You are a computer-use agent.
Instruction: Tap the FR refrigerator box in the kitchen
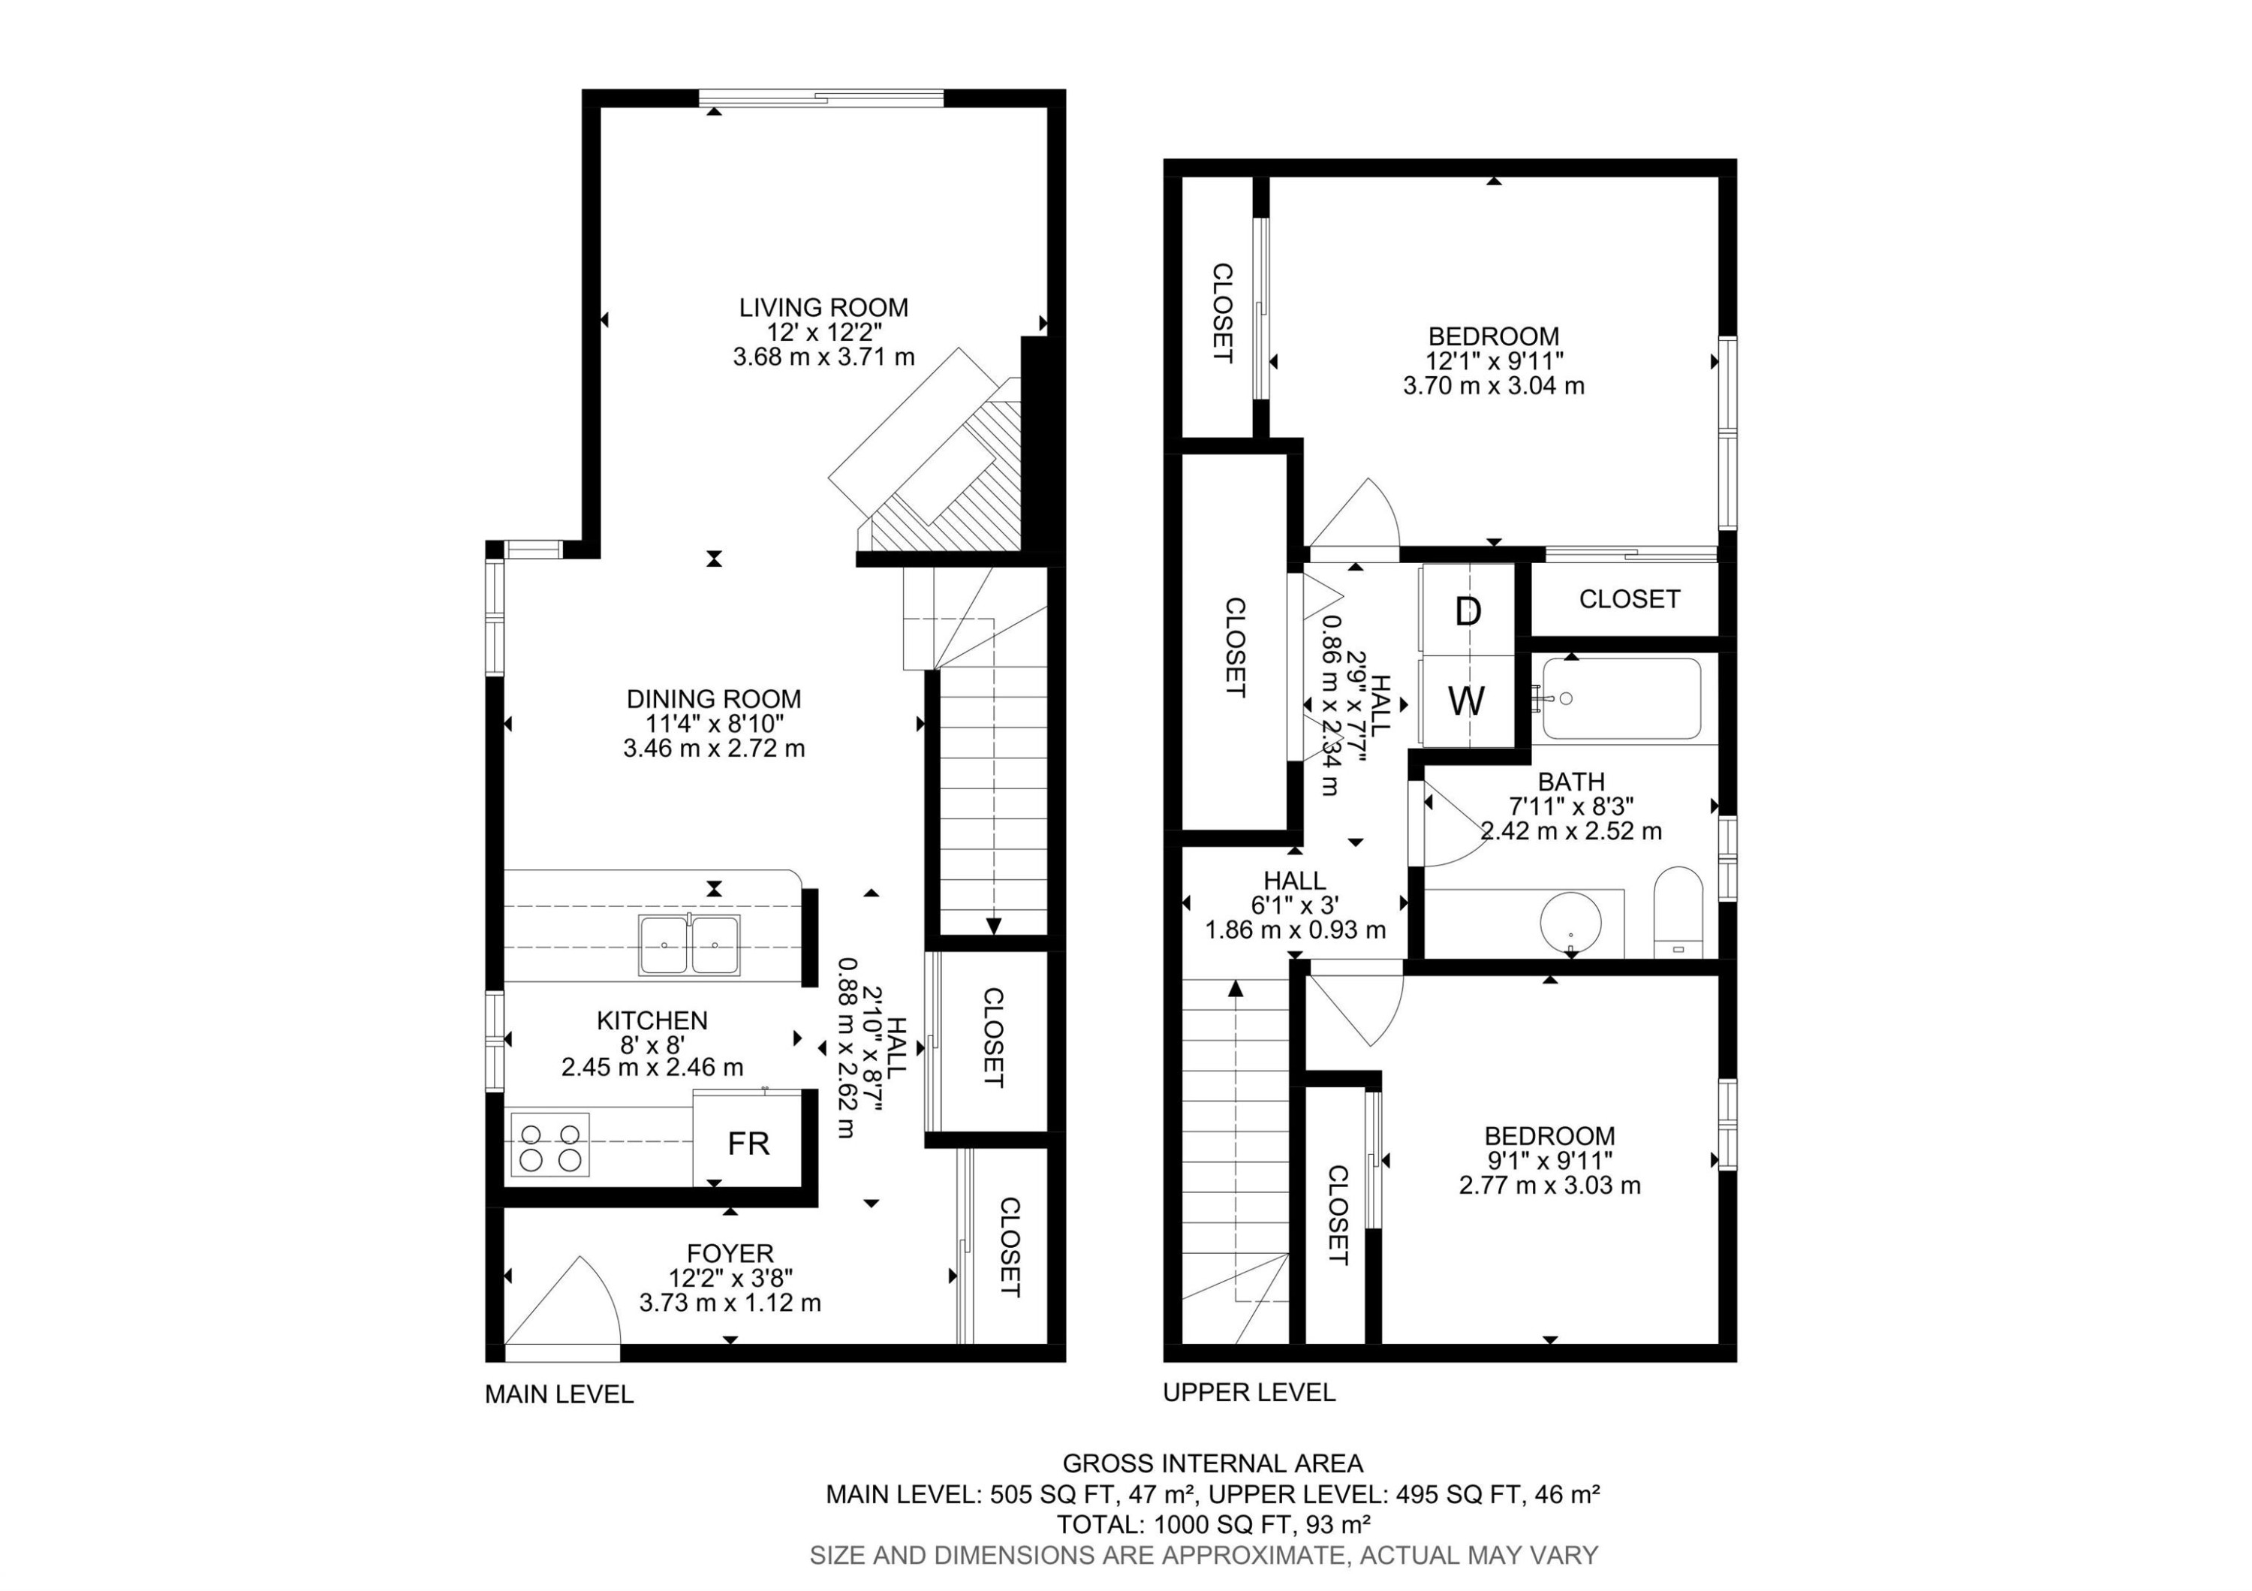(x=748, y=1144)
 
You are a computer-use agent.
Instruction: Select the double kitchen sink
(x=690, y=945)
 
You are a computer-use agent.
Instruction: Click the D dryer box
(x=1468, y=612)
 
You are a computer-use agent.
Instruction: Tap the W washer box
(x=1468, y=702)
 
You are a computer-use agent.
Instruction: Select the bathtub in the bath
(x=1621, y=698)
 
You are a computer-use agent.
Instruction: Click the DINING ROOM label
(x=713, y=699)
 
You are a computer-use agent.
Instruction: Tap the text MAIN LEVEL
(x=559, y=1394)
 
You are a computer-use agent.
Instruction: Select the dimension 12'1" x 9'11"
(x=1494, y=361)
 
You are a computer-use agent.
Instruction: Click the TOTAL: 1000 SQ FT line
(x=1212, y=1524)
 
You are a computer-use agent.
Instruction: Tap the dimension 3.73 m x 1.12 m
(x=730, y=1303)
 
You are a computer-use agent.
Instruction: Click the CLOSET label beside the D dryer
(x=1628, y=598)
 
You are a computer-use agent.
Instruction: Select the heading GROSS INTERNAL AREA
(x=1212, y=1463)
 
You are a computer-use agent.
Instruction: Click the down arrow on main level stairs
(x=994, y=925)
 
